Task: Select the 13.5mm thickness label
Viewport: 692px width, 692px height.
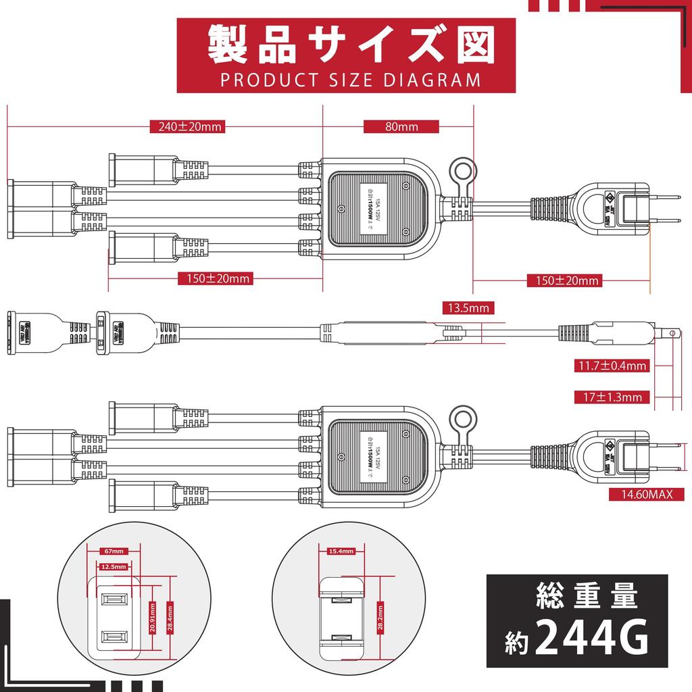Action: (468, 308)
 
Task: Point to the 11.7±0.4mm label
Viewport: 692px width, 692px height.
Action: (612, 366)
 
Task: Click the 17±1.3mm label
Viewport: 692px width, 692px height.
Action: (612, 397)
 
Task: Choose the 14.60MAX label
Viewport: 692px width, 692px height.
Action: (648, 495)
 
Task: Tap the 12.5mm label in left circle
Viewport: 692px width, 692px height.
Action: (113, 568)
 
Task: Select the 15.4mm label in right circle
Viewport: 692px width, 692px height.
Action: (341, 551)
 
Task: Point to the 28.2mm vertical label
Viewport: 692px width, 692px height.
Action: (382, 613)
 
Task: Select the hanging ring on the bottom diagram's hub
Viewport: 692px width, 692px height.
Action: (463, 414)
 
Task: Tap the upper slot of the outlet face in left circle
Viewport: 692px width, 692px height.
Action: (113, 599)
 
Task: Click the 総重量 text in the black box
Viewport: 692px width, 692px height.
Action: (585, 597)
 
